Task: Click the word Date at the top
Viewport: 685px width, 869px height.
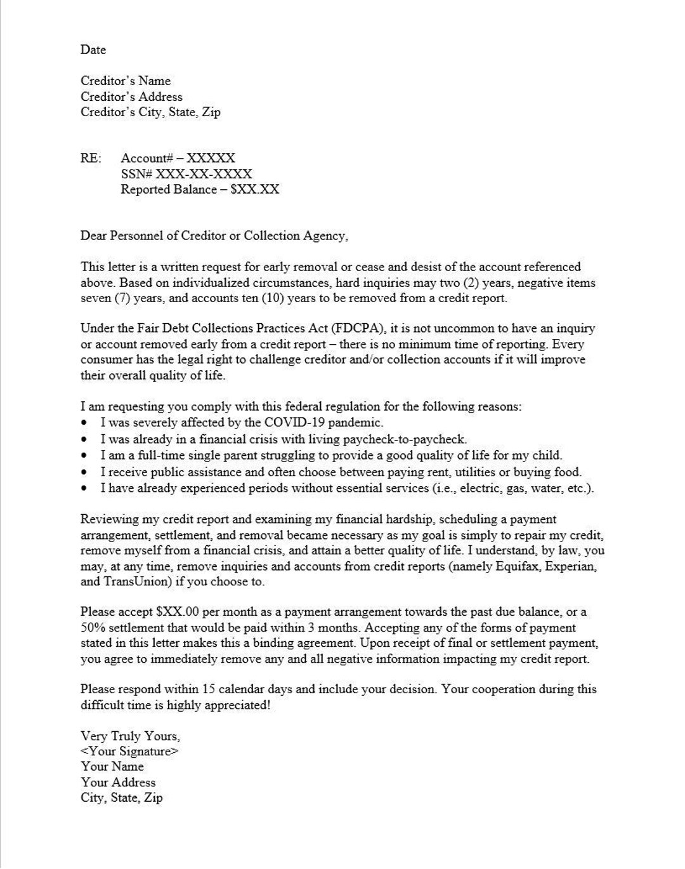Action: (x=93, y=50)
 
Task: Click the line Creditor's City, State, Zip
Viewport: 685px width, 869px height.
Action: (x=150, y=112)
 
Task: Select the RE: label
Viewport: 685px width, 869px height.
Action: (x=90, y=158)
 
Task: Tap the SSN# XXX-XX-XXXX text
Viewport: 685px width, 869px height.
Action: (x=186, y=173)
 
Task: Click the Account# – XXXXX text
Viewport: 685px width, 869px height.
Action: (x=178, y=158)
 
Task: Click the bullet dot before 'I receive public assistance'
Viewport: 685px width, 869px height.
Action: (x=85, y=472)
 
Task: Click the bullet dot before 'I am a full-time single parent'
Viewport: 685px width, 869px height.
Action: (x=85, y=456)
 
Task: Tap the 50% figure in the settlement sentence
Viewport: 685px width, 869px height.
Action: (x=92, y=628)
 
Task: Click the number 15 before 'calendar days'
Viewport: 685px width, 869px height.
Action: (x=209, y=689)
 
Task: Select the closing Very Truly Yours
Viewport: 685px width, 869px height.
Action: (x=130, y=736)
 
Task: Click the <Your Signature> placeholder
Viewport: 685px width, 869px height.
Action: (x=129, y=751)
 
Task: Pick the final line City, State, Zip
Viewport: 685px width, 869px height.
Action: (x=121, y=797)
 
